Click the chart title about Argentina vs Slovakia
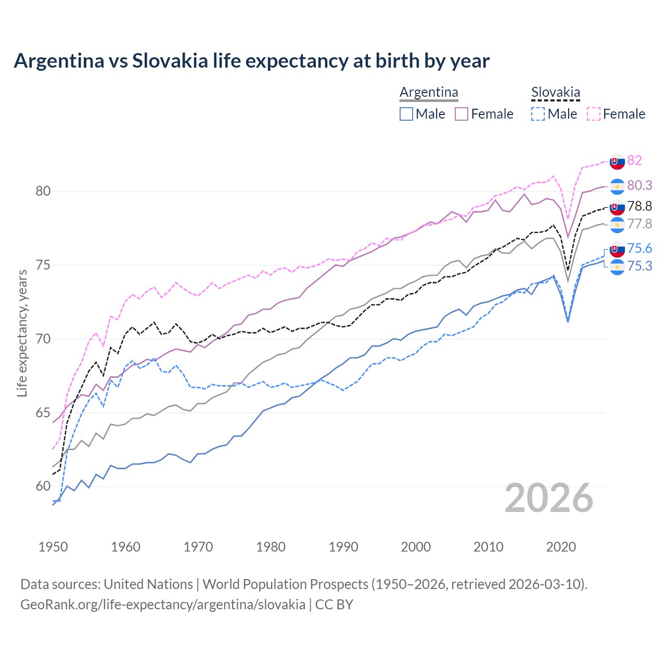tap(251, 61)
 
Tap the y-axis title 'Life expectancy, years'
tap(22, 333)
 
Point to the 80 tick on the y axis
tap(43, 191)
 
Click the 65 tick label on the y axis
tap(43, 413)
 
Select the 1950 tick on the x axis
tap(53, 547)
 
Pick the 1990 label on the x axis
tap(343, 547)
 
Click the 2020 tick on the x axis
tap(561, 547)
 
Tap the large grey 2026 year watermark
tap(549, 498)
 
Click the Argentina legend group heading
tap(429, 93)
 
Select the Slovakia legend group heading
tap(555, 93)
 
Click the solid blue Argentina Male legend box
tap(406, 114)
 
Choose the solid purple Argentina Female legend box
tap(462, 114)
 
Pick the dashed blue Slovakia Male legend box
tap(538, 114)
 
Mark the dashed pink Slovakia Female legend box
tap(594, 114)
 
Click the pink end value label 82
tap(634, 160)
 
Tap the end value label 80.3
tap(639, 186)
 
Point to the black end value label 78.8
tap(639, 207)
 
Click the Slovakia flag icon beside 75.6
tap(617, 249)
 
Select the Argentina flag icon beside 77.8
tap(617, 225)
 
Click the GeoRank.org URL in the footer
tap(163, 605)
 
